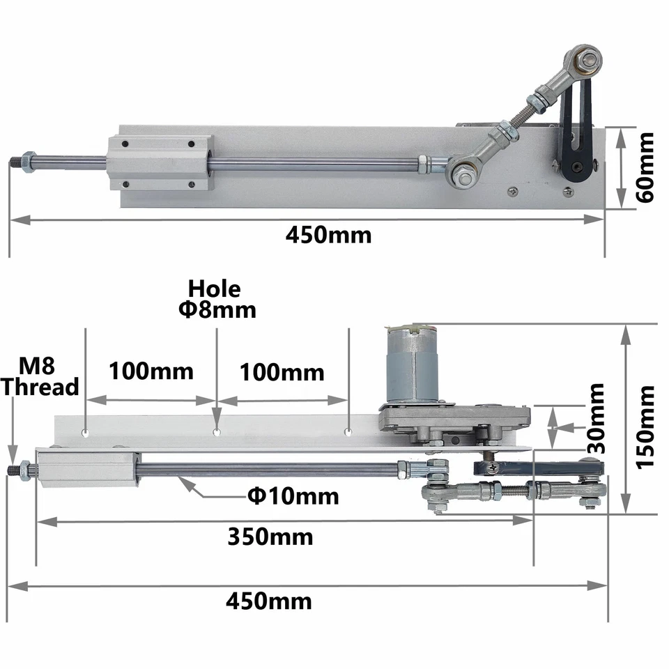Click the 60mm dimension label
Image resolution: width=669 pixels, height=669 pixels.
pos(645,167)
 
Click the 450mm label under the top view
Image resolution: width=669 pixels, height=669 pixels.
pos(328,235)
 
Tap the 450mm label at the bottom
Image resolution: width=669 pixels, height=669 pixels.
pos(268,600)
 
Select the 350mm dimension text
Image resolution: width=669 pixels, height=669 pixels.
pos(270,537)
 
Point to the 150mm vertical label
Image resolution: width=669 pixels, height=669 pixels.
pos(645,425)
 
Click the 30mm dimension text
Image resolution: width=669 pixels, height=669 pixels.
pos(596,418)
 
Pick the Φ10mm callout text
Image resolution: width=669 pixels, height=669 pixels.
pos(293,496)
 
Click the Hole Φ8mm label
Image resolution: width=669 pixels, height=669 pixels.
pos(215,299)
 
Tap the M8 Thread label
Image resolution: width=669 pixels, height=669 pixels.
pos(40,376)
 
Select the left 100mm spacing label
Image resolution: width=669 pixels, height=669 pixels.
pos(151,371)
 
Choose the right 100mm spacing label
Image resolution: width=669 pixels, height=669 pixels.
pos(282,372)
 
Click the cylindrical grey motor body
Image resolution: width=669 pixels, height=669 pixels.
pos(411,366)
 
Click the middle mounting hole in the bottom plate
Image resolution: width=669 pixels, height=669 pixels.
pos(217,432)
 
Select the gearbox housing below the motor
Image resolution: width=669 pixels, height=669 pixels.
pos(453,422)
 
